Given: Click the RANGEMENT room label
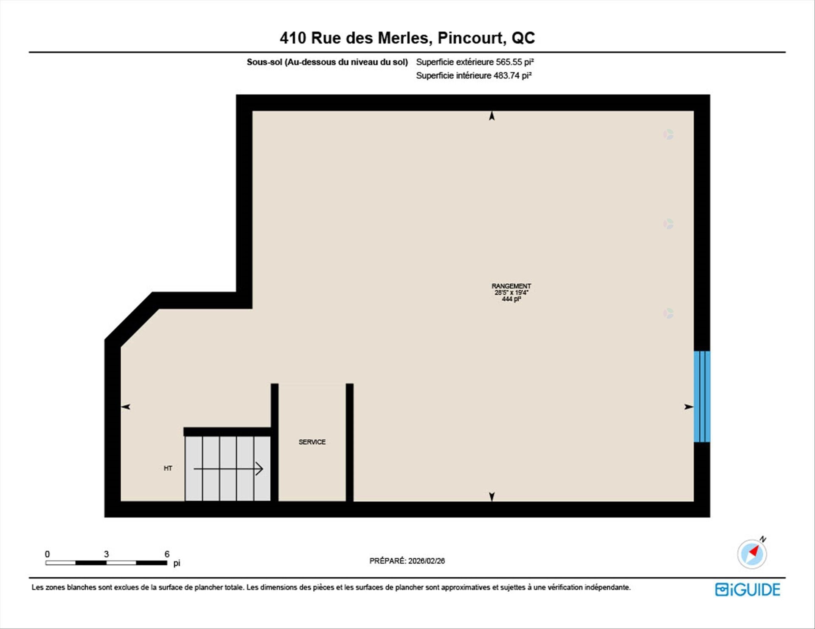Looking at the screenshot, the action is (x=511, y=286).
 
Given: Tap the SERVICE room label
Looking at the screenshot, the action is (x=312, y=442).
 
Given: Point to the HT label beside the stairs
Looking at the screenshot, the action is (x=168, y=468).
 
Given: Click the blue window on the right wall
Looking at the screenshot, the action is (x=702, y=397).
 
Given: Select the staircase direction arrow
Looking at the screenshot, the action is (x=228, y=469).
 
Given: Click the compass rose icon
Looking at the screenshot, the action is (x=752, y=554).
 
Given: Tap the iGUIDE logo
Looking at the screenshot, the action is (x=748, y=590).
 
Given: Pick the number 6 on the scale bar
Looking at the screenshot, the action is (x=167, y=554).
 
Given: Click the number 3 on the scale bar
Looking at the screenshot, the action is (x=106, y=554).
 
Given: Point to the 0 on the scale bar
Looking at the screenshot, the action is (x=47, y=554).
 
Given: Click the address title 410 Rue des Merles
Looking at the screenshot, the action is (x=356, y=38).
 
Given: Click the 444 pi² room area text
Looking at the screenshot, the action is (x=511, y=299).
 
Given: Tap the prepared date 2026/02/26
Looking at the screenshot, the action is (x=427, y=561).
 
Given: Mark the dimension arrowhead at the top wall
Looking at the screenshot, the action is (x=492, y=115).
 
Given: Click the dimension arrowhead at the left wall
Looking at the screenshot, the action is (x=126, y=407).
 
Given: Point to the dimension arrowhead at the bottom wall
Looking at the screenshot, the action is (x=492, y=497).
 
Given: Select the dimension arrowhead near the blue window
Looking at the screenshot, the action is (x=689, y=407).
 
